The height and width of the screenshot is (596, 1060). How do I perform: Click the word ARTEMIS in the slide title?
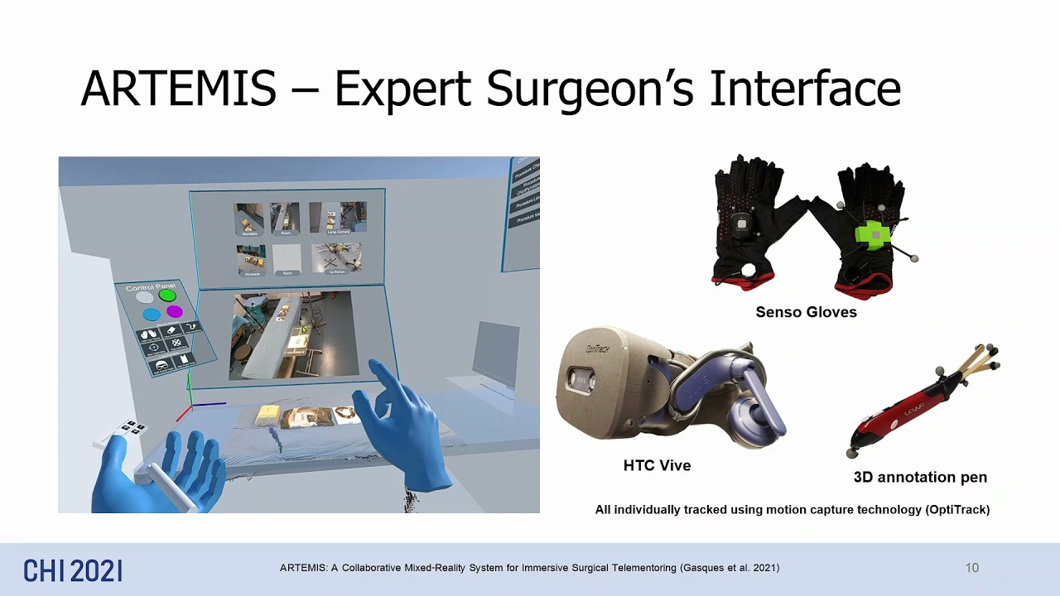pyautogui.click(x=178, y=89)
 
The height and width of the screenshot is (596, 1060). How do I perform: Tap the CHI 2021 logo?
pyautogui.click(x=73, y=570)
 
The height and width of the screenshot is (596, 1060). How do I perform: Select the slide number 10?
pyautogui.click(x=971, y=568)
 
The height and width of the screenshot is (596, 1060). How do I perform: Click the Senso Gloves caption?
pyautogui.click(x=806, y=313)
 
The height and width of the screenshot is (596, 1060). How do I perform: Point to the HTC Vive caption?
pyautogui.click(x=657, y=466)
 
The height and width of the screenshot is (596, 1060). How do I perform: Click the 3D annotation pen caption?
pyautogui.click(x=920, y=478)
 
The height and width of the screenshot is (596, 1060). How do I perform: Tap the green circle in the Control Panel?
pyautogui.click(x=167, y=295)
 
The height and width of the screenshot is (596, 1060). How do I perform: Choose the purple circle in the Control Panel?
pyautogui.click(x=174, y=312)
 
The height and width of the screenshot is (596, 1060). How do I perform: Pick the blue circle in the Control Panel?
pyautogui.click(x=151, y=315)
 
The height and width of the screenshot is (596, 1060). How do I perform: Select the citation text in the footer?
pyautogui.click(x=529, y=568)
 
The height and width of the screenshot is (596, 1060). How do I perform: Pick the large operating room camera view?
pyautogui.click(x=294, y=334)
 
